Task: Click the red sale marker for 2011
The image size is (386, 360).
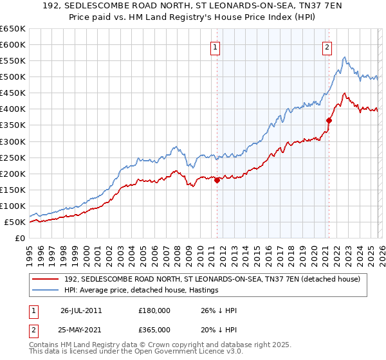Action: (x=217, y=180)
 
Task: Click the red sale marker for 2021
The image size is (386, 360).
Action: (x=329, y=120)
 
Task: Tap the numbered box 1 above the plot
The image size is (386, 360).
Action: (x=215, y=46)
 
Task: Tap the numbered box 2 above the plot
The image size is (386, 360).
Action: (x=327, y=46)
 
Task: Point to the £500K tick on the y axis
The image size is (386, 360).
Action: (x=13, y=77)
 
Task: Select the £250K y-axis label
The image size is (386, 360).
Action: (x=13, y=157)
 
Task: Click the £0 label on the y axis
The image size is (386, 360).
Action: (x=20, y=238)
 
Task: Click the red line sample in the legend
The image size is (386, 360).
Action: (x=46, y=279)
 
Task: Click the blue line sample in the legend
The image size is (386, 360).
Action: (x=46, y=290)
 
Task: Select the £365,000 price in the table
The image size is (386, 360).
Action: (x=154, y=330)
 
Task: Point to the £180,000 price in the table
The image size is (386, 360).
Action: (x=154, y=310)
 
